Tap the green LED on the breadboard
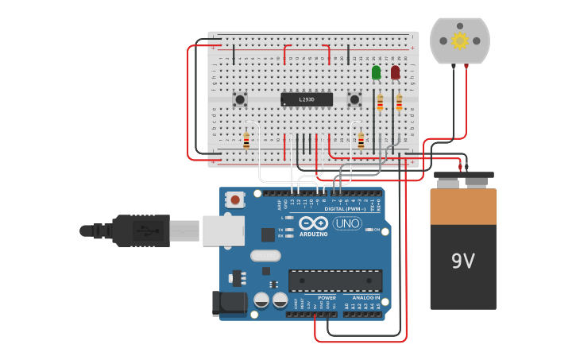[x=376, y=72]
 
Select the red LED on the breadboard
[x=395, y=72]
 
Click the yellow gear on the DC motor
[x=459, y=41]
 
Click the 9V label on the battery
[x=462, y=261]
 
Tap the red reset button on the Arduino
[x=234, y=199]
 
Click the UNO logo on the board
[x=347, y=223]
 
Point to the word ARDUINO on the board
[x=314, y=234]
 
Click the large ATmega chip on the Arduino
[x=335, y=281]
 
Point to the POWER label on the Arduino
[x=327, y=298]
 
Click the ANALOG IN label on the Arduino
[x=366, y=298]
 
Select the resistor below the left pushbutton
[x=246, y=141]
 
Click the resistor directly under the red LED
[x=399, y=103]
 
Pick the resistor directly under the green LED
[x=380, y=103]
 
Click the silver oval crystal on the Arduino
[x=265, y=255]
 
